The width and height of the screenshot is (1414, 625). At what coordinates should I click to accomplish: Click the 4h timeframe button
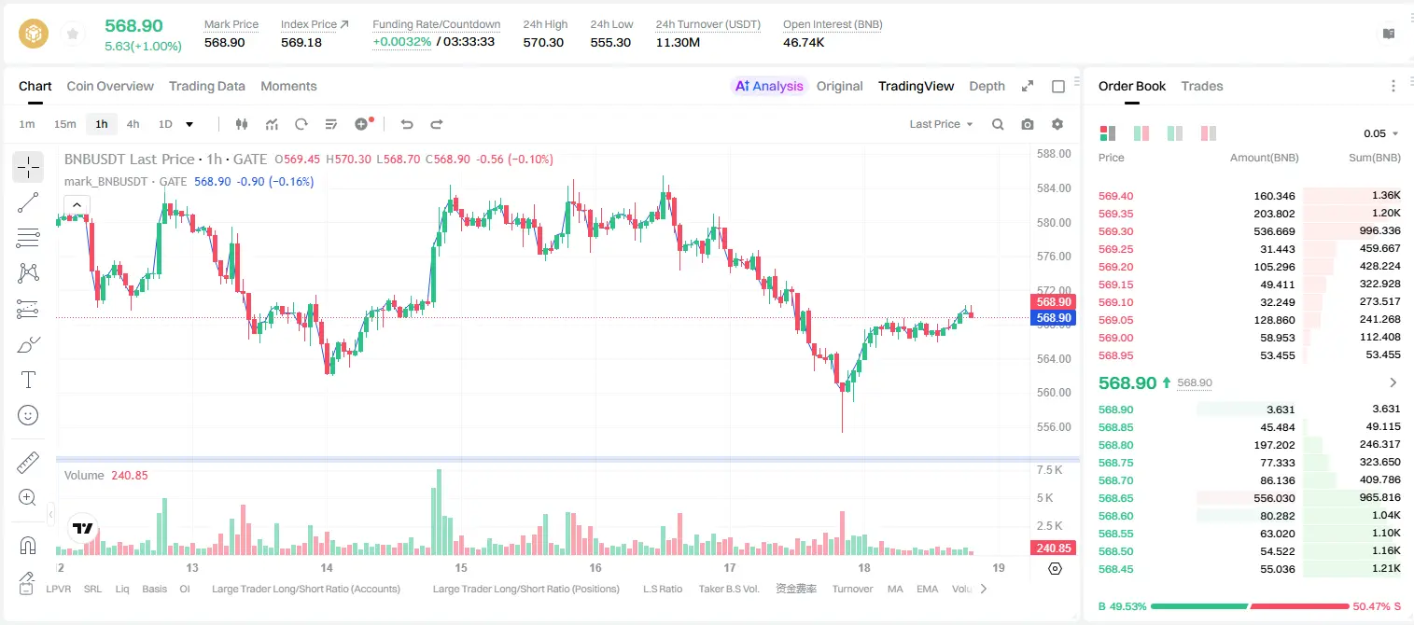pyautogui.click(x=133, y=124)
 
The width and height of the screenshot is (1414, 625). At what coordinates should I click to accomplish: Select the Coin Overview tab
pyautogui.click(x=110, y=86)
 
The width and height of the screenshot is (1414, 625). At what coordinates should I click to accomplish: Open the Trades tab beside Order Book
pyautogui.click(x=1201, y=86)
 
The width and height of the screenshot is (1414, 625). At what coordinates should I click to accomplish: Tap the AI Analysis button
pyautogui.click(x=769, y=86)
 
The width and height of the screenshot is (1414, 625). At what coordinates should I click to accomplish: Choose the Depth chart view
pyautogui.click(x=987, y=86)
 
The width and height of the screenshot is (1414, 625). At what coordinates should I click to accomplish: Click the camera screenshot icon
pyautogui.click(x=1027, y=124)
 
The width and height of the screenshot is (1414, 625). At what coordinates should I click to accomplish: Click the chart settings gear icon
pyautogui.click(x=1057, y=124)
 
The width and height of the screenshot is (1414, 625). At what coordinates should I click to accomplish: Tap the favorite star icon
pyautogui.click(x=73, y=34)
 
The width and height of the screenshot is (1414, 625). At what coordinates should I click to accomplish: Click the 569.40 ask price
pyautogui.click(x=1115, y=196)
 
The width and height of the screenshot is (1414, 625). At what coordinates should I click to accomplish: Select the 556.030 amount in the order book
pyautogui.click(x=1274, y=498)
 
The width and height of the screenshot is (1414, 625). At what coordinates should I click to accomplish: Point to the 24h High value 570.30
pyautogui.click(x=543, y=42)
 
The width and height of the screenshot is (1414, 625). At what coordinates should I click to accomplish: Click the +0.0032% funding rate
pyautogui.click(x=401, y=42)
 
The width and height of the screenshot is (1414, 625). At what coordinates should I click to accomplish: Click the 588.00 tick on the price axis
pyautogui.click(x=1054, y=153)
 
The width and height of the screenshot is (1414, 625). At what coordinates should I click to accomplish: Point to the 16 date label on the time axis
pyautogui.click(x=595, y=567)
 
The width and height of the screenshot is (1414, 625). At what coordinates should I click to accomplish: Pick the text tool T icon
pyautogui.click(x=28, y=380)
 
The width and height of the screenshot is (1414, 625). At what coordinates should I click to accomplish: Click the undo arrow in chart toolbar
pyautogui.click(x=407, y=124)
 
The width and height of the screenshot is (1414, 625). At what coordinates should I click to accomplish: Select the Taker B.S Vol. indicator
pyautogui.click(x=728, y=589)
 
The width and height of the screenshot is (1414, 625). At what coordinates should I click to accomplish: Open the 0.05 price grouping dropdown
pyautogui.click(x=1380, y=133)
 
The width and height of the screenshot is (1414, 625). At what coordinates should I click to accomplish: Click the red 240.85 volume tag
pyautogui.click(x=1053, y=549)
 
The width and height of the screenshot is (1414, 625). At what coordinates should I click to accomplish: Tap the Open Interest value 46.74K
pyautogui.click(x=804, y=42)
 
